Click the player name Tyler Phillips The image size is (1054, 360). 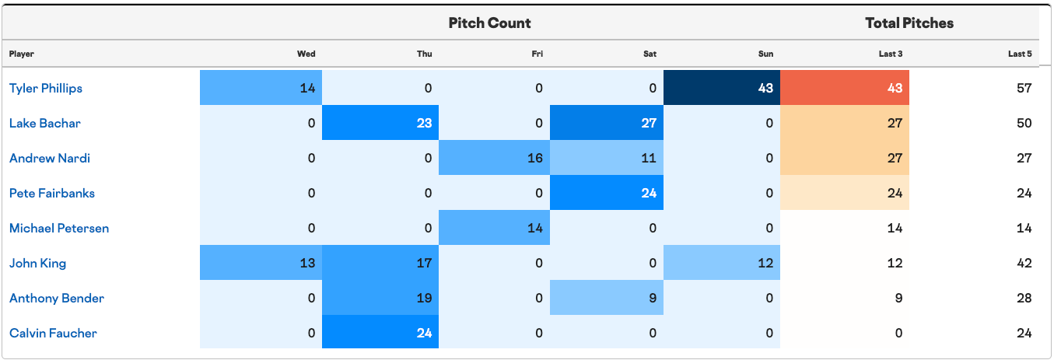coord(46,88)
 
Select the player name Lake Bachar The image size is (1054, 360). coord(44,123)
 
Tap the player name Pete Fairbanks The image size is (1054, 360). coord(52,193)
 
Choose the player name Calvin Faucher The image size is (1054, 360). coord(53,334)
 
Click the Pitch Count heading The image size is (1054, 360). coord(489,23)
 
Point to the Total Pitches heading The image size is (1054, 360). coord(909,23)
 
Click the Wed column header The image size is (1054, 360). coord(306,54)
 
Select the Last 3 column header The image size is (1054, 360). coord(890,54)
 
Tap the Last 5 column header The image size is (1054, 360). coord(1020,54)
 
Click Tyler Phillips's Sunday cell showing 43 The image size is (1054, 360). coord(722,88)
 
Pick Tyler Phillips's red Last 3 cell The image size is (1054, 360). coord(845,88)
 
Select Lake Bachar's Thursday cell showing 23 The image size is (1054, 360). coord(380,122)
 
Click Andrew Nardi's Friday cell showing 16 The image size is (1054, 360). coord(494,158)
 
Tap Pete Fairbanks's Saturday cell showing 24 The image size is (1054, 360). coord(607,193)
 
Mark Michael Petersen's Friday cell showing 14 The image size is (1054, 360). coord(494,227)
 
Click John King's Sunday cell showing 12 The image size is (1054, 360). coord(722,263)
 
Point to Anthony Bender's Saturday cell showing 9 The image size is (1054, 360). coord(607,298)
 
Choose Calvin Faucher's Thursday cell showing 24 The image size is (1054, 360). coord(380,332)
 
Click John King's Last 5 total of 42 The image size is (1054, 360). coord(1024,263)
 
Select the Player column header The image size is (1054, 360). coord(22,54)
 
